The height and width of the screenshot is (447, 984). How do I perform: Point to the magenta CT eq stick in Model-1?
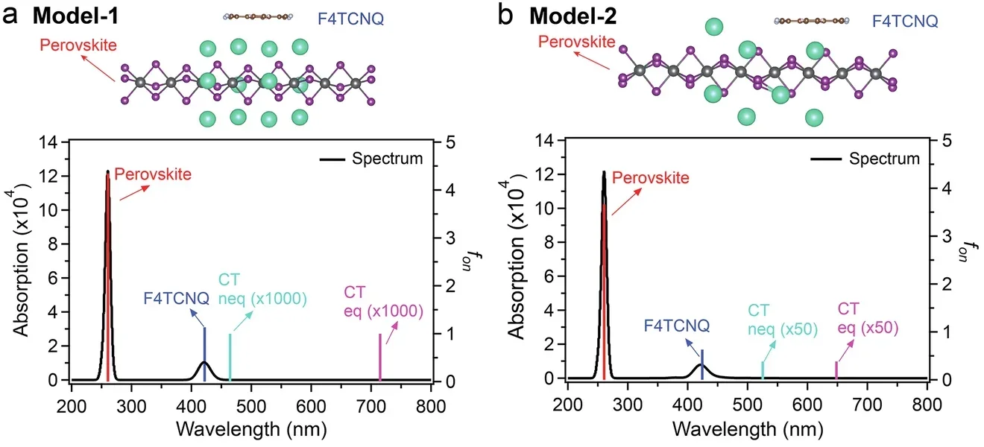[x=380, y=357]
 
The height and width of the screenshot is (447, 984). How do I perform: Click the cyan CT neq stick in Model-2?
[x=762, y=370]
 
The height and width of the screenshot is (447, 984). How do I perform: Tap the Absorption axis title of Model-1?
[x=22, y=261]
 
